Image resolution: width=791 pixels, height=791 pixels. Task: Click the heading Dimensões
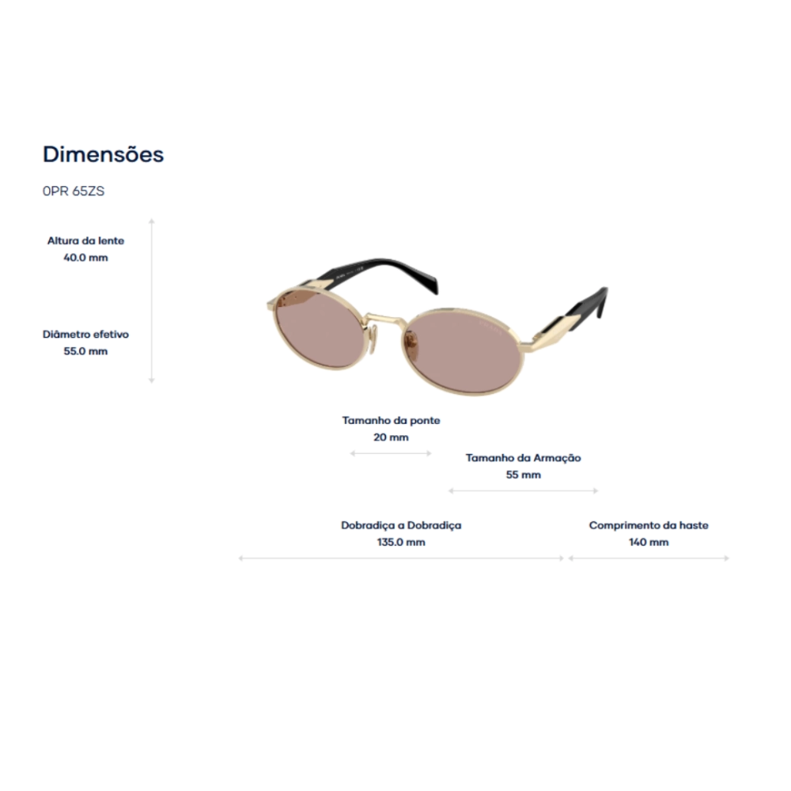(x=104, y=154)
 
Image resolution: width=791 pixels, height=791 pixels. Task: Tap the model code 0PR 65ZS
(x=74, y=191)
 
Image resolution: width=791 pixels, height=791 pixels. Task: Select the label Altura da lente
(x=85, y=240)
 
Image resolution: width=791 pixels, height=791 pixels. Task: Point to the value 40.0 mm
(x=85, y=257)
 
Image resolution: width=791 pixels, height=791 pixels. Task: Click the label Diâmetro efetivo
(x=85, y=334)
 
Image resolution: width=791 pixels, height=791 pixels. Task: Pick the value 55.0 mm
(x=85, y=351)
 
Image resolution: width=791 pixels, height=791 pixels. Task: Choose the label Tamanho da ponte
(x=391, y=420)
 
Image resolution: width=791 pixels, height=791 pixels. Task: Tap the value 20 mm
(x=391, y=437)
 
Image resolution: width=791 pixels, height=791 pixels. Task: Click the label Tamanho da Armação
(x=523, y=458)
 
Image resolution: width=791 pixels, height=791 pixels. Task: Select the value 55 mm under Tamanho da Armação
(x=523, y=475)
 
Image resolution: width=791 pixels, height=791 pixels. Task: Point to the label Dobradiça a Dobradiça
(x=401, y=525)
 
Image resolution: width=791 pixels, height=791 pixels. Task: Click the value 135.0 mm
(x=401, y=543)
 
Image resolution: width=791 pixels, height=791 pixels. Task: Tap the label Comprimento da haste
(x=649, y=525)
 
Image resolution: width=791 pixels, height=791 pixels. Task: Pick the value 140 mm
(x=649, y=543)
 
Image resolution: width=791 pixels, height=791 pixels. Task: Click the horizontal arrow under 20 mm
(x=391, y=453)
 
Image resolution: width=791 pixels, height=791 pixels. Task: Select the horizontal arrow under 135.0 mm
(x=401, y=558)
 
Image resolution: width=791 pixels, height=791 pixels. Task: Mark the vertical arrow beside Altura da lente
(x=152, y=301)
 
